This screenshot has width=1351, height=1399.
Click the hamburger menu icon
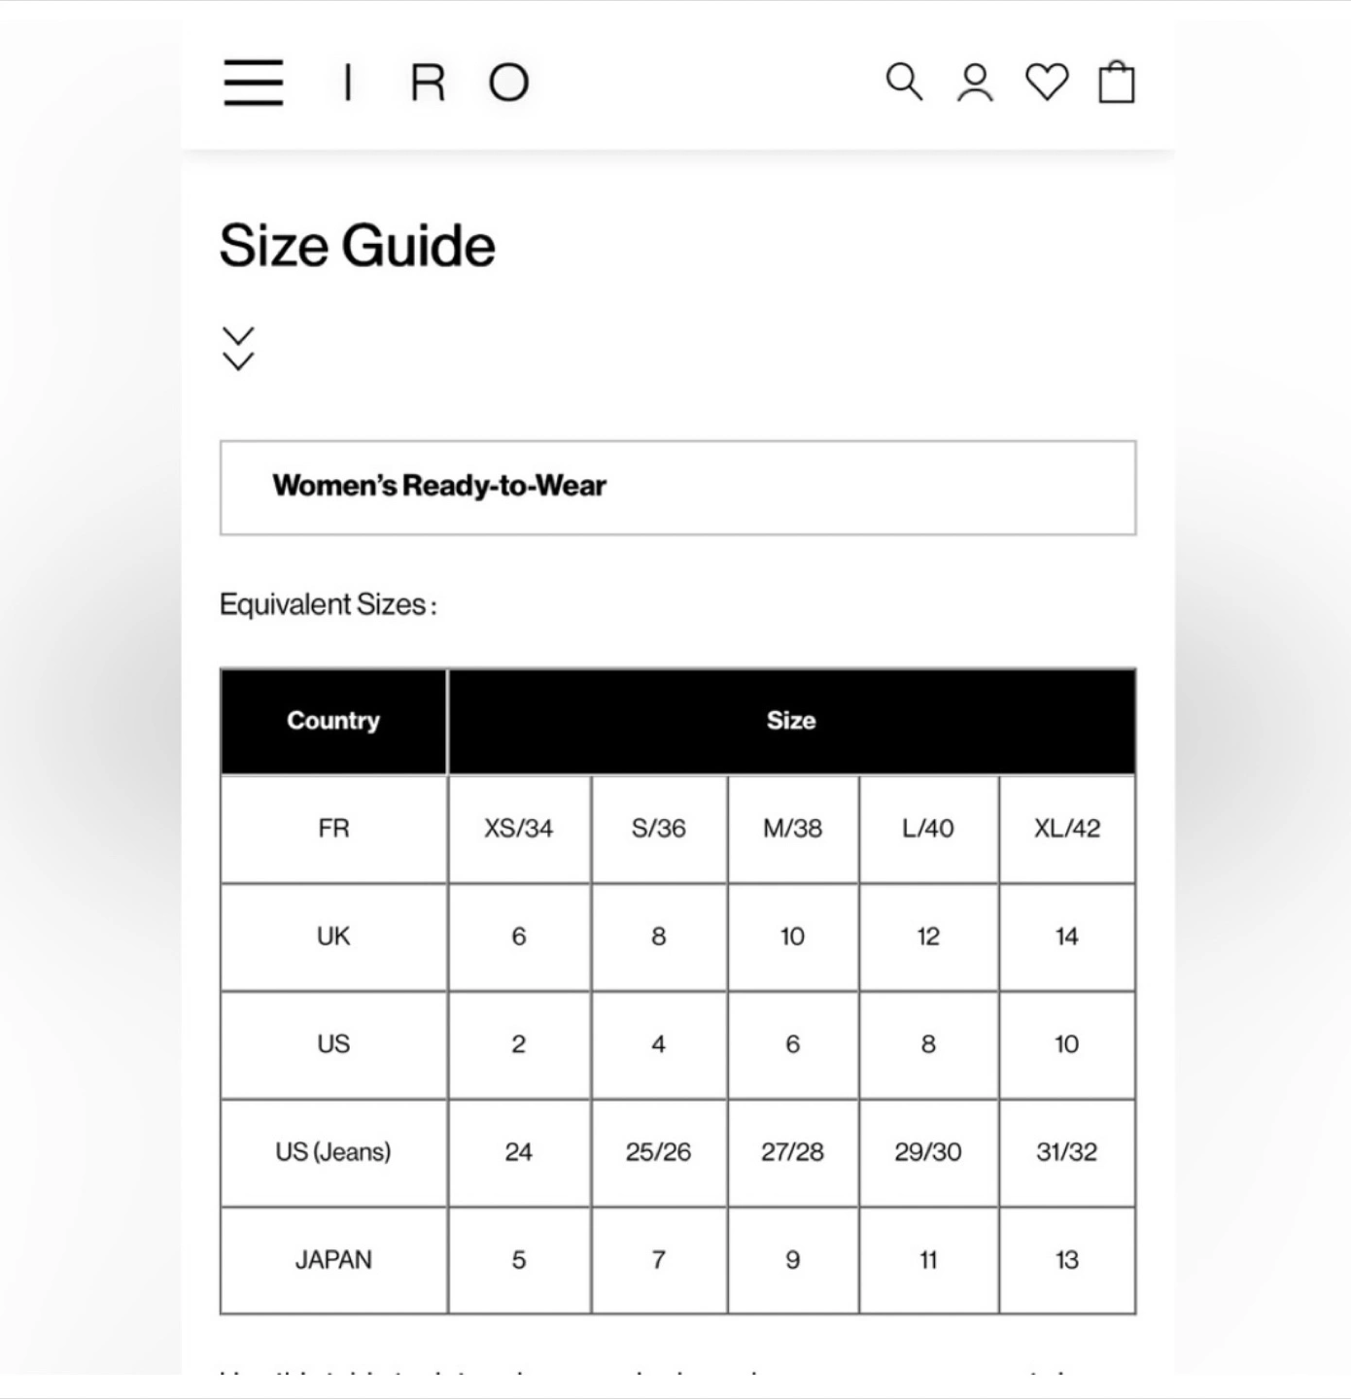pos(253,82)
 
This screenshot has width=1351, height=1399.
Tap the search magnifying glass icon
pos(904,82)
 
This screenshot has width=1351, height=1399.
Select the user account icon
pos(975,83)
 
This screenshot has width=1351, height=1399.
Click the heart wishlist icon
pos(1047,82)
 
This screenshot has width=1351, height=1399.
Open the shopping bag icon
pos(1117,82)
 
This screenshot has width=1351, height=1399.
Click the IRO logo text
pos(436,83)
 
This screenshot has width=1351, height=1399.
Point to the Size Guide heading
pos(358,245)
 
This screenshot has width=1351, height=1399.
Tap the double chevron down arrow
pos(238,349)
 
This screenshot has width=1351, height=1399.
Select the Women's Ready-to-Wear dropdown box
pos(677,487)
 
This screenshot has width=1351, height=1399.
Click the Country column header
pos(333,721)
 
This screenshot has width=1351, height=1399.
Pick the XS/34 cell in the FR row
pos(519,829)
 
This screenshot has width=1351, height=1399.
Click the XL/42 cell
pos(1067,829)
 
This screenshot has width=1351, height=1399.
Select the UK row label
pos(333,937)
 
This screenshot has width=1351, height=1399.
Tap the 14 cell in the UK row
pos(1067,937)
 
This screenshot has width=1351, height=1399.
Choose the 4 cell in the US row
pos(659,1044)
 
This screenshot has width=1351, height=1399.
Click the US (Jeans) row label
pos(333,1152)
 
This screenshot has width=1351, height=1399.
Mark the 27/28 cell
pos(793,1152)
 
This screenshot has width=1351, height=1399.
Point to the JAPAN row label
pos(333,1260)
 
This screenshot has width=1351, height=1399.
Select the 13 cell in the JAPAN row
pos(1067,1260)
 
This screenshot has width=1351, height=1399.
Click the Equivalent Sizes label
pos(329,604)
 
